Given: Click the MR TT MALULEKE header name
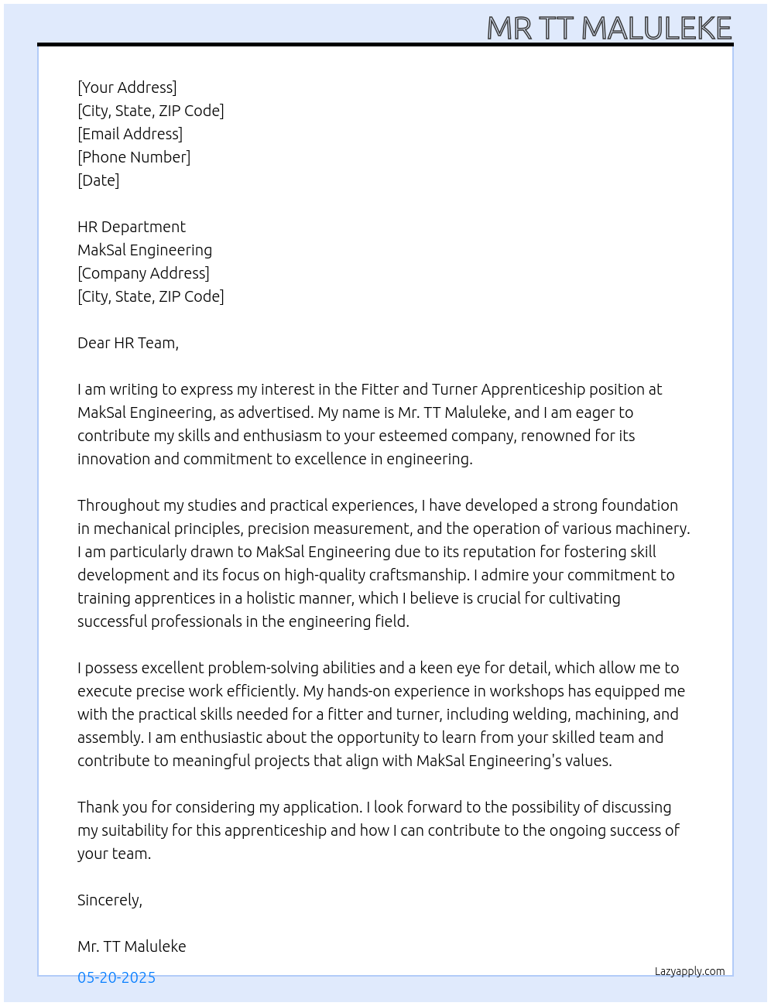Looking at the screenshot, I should click(x=609, y=29).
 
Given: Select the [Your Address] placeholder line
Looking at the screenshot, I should click(x=127, y=87).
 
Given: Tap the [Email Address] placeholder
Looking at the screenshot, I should click(x=130, y=134).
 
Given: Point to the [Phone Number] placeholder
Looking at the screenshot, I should click(x=134, y=157).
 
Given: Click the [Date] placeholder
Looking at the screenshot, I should click(x=98, y=180).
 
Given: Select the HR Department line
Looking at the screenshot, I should click(x=132, y=227).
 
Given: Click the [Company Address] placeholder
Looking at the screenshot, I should click(x=143, y=273).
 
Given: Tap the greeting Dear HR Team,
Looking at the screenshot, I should click(x=128, y=343).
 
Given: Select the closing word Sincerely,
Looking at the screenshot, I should click(x=110, y=900).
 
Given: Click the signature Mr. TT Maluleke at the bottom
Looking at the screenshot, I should click(x=132, y=946).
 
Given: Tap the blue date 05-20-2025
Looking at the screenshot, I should click(x=116, y=977).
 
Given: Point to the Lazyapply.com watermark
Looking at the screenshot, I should click(x=690, y=971).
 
